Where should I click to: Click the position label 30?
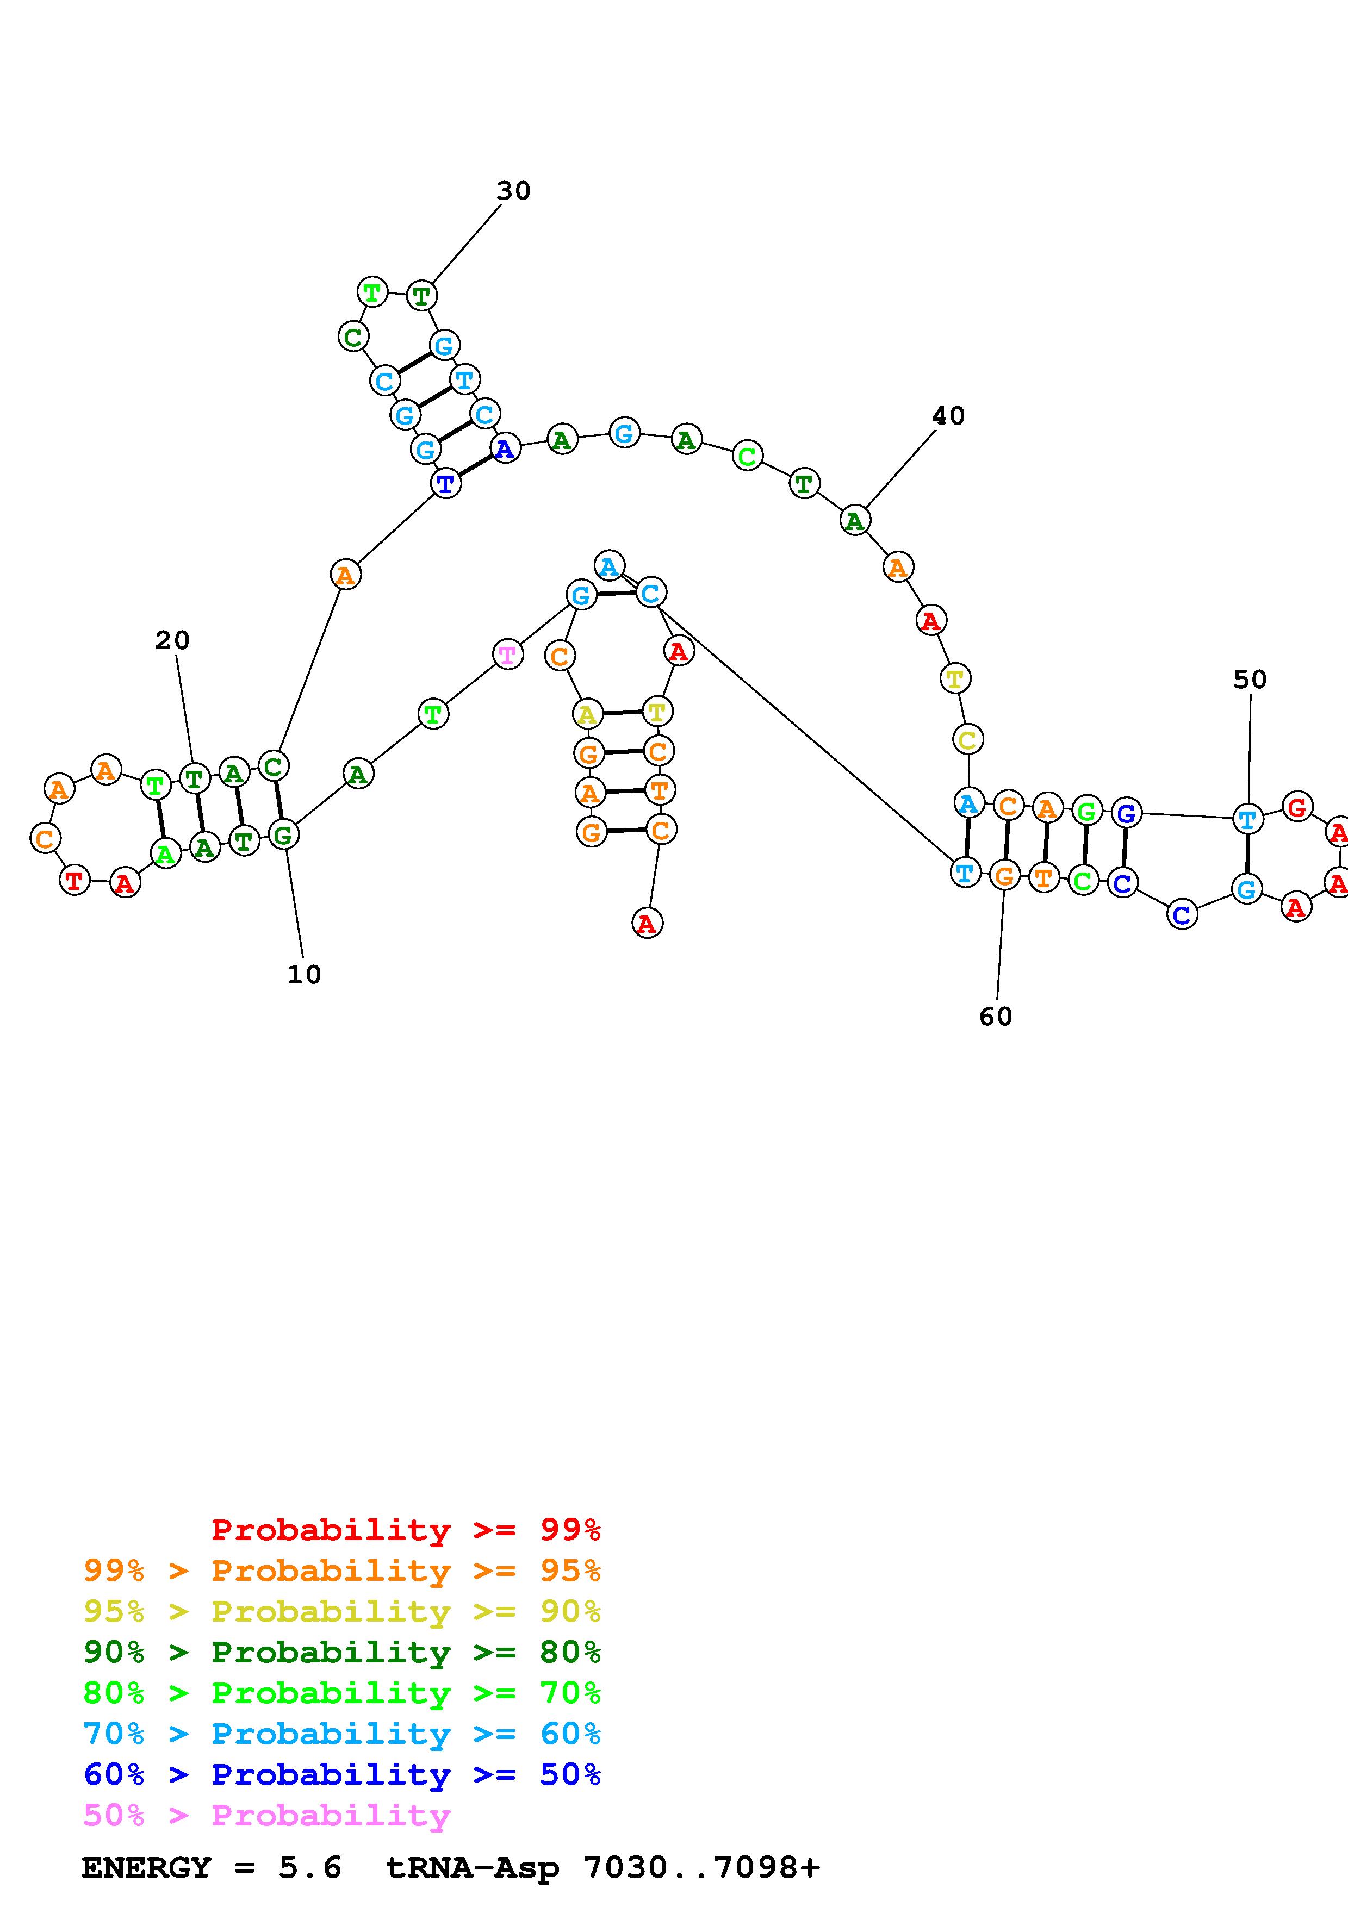[x=513, y=191]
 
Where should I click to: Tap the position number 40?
[x=948, y=416]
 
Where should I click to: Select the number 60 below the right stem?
[x=995, y=1017]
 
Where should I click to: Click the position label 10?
[x=304, y=974]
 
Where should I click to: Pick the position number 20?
[x=173, y=640]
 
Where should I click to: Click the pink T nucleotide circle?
[x=507, y=655]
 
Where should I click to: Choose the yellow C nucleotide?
[x=967, y=739]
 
